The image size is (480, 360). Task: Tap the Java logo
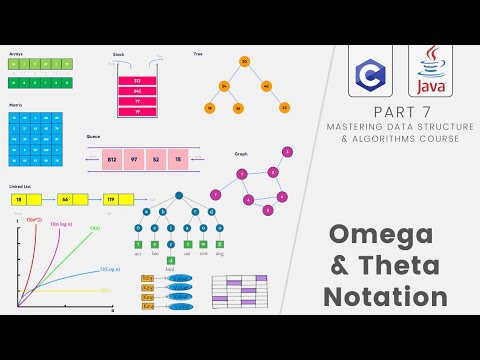[431, 71]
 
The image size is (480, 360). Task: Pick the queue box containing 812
[112, 158]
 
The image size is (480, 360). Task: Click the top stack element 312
[137, 81]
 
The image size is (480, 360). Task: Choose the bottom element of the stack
[137, 110]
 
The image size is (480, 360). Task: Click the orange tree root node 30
[244, 62]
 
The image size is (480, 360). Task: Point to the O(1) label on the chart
[105, 290]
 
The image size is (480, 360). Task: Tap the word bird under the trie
[170, 270]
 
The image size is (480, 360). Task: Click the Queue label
[93, 136]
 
